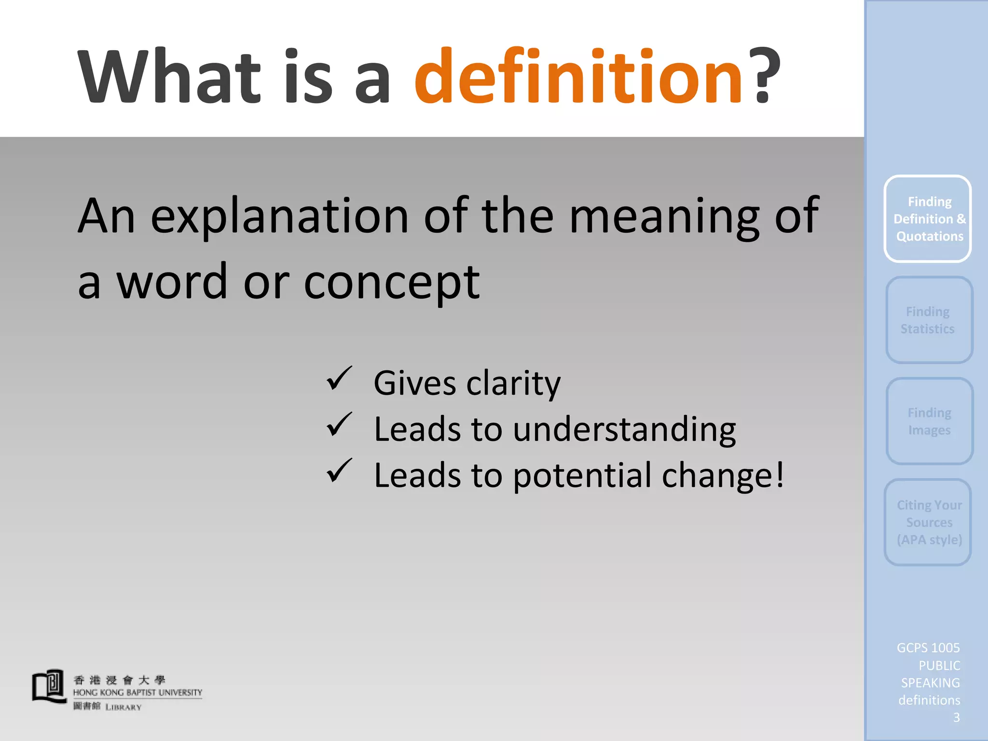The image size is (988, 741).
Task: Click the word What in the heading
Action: click(169, 77)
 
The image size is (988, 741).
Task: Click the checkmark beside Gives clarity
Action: click(339, 378)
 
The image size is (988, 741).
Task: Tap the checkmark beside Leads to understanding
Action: click(339, 425)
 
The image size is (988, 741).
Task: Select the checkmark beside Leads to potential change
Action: click(339, 471)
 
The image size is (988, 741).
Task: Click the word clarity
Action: click(513, 384)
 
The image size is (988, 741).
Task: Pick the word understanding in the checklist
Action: click(624, 429)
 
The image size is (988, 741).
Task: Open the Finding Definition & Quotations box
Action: click(928, 219)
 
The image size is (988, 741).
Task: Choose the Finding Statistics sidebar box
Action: click(929, 320)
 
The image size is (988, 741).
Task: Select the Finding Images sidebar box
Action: click(929, 421)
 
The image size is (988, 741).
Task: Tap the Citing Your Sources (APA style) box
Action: click(928, 522)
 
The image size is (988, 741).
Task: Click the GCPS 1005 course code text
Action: click(928, 648)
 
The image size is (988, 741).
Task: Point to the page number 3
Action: click(956, 718)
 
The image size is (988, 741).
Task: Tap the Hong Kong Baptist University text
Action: click(137, 693)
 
